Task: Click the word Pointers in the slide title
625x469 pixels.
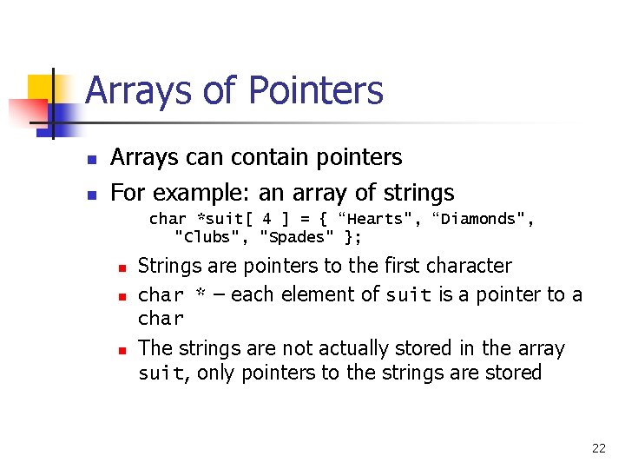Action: [x=316, y=90]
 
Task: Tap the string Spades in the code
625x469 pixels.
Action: [x=297, y=236]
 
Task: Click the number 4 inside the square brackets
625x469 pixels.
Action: [x=267, y=219]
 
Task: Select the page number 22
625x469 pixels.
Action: [x=598, y=448]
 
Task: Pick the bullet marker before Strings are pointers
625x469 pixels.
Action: [x=123, y=268]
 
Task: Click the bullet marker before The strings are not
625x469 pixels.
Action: [x=123, y=350]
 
